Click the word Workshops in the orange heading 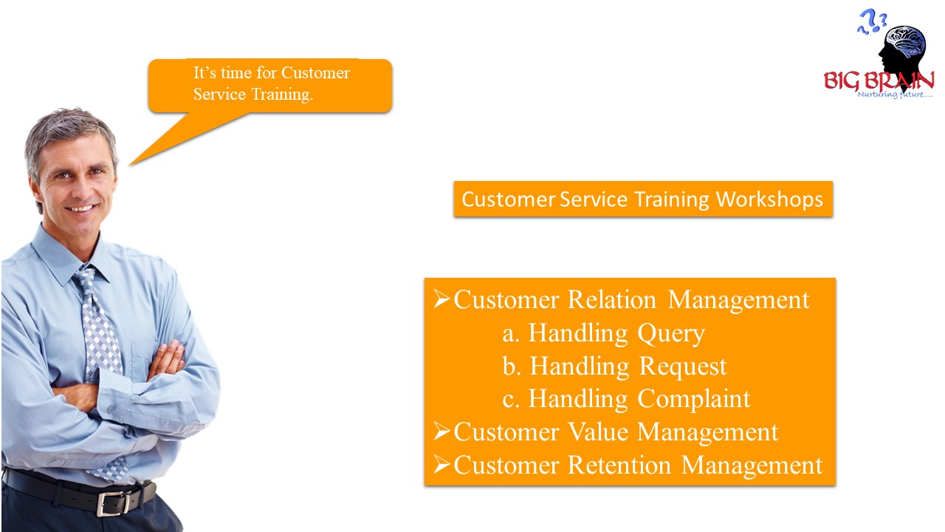coord(769,199)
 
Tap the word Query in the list coord(671,334)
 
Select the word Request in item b coord(683,366)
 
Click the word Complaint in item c coord(694,399)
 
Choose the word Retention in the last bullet coord(619,465)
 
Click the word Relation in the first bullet coord(612,300)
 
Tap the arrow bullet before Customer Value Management coord(441,432)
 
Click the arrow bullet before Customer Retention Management coord(441,465)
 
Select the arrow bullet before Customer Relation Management coord(441,299)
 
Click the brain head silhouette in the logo coord(903,52)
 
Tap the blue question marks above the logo coord(872,21)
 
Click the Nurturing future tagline coord(895,95)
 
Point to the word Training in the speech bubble coord(281,95)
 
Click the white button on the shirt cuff coord(111,409)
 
